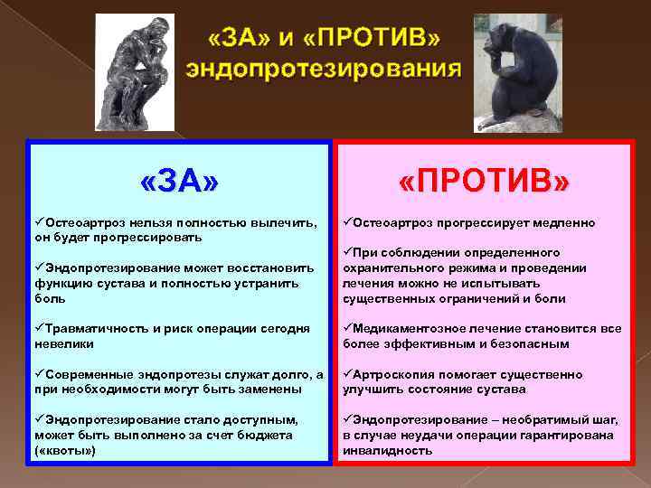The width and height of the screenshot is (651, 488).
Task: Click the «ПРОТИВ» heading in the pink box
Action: click(485, 183)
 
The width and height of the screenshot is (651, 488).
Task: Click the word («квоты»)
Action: click(65, 449)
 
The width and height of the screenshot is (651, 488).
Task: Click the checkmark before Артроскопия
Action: click(347, 374)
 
